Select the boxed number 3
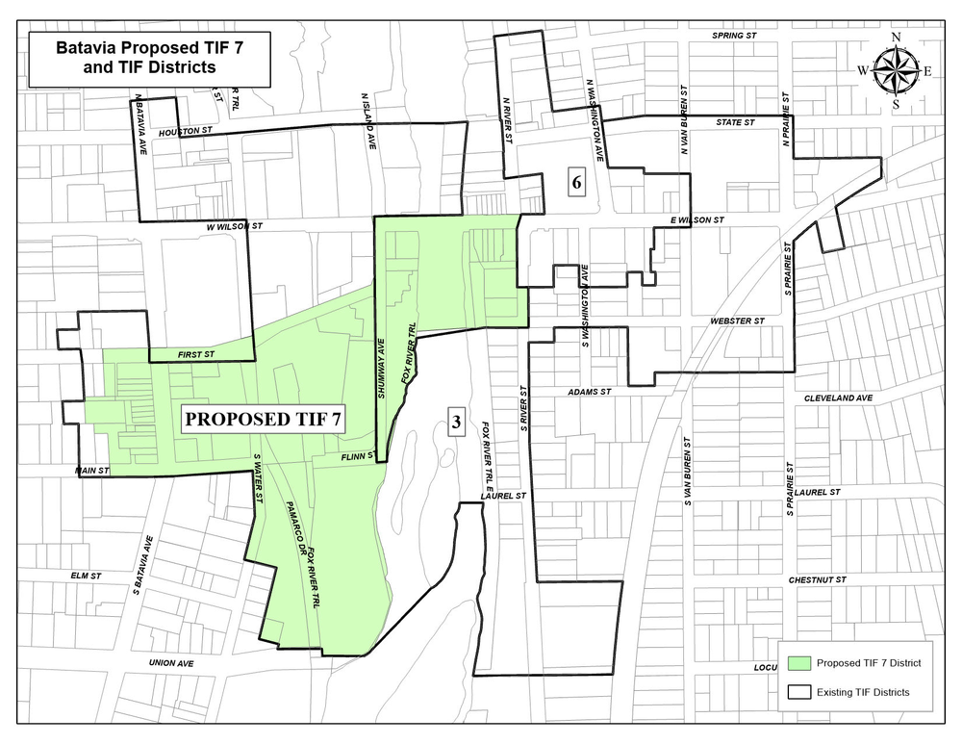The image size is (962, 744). [456, 421]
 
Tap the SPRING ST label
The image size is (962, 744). [735, 36]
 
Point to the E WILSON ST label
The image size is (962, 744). [697, 220]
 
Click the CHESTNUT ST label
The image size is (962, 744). [817, 580]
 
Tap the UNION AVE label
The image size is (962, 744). [171, 663]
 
